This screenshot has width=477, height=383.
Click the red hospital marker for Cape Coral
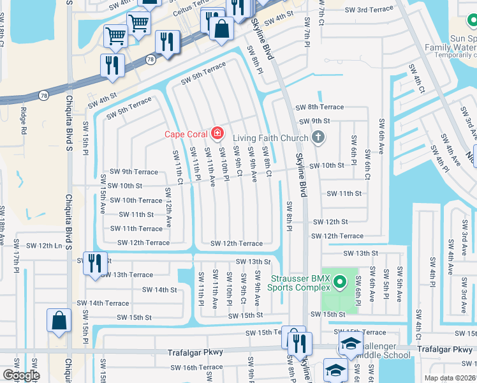(x=217, y=133)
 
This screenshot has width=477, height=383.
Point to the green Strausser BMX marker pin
(x=340, y=281)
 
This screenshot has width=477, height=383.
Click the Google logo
(x=21, y=375)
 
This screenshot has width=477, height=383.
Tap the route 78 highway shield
(x=150, y=59)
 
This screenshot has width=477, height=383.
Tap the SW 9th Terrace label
(x=133, y=172)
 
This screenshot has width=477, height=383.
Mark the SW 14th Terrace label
(x=103, y=303)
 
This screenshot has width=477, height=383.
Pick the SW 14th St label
(x=159, y=290)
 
